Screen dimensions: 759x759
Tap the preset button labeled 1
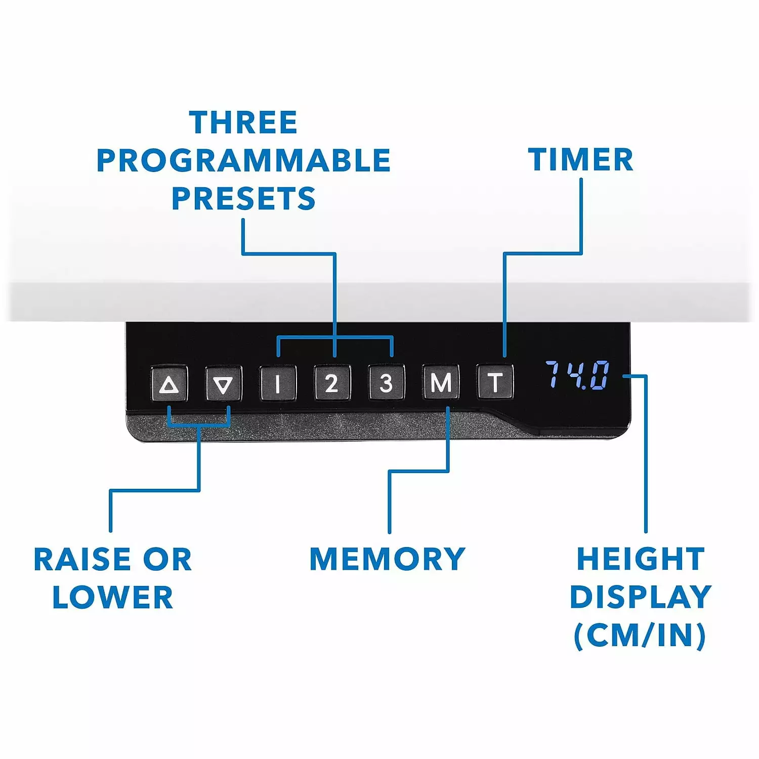point(278,383)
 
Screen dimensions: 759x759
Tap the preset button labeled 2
point(332,383)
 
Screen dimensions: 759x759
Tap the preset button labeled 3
point(386,383)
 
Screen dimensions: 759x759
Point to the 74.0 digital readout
point(577,375)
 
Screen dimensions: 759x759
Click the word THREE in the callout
point(243,122)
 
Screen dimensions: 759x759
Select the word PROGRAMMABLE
point(243,160)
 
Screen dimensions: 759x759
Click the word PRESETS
point(243,198)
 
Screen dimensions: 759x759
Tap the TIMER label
point(580,160)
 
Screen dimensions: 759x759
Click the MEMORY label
point(387,559)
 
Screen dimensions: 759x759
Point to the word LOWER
point(112,597)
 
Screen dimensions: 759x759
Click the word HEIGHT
point(641,559)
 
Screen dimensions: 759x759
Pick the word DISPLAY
point(641,597)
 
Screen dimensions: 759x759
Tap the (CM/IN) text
point(640,635)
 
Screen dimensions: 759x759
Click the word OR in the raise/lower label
point(167,560)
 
